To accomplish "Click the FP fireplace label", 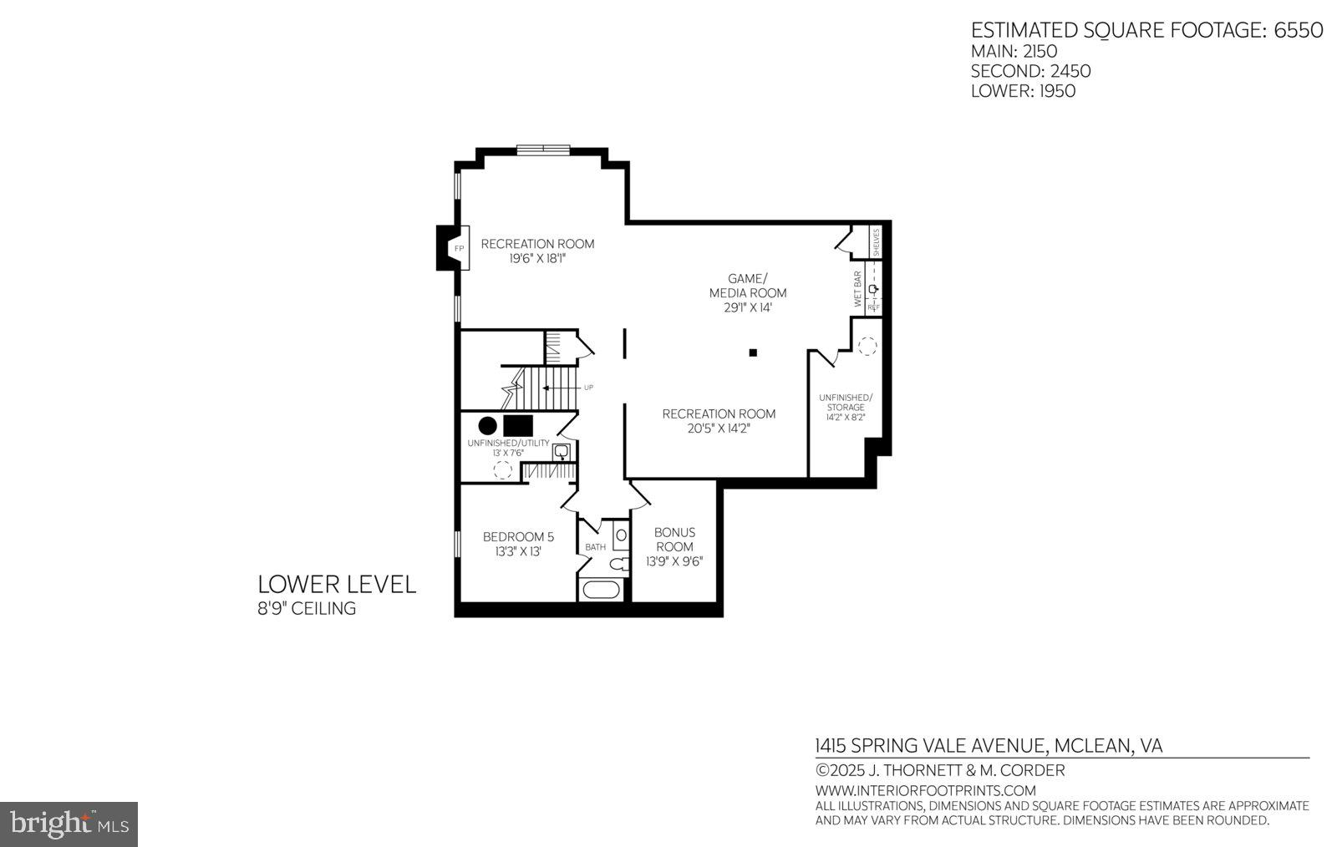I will [x=459, y=249].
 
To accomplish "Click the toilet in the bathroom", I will [x=618, y=564].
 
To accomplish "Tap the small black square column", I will [x=753, y=353].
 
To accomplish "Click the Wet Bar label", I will [x=857, y=289].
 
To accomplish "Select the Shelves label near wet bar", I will [x=876, y=242].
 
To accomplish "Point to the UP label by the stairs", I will [x=588, y=388].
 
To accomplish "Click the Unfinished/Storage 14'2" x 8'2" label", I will [x=846, y=407].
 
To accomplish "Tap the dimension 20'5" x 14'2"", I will [x=719, y=429].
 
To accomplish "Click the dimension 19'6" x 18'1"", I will [x=537, y=259].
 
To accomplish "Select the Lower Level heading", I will [x=336, y=584].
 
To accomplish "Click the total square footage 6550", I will [x=1298, y=30].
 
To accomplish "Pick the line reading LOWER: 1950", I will [x=1023, y=91].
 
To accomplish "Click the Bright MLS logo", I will [x=69, y=824].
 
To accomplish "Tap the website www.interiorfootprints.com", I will [x=925, y=790].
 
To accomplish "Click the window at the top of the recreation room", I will [x=543, y=150].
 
